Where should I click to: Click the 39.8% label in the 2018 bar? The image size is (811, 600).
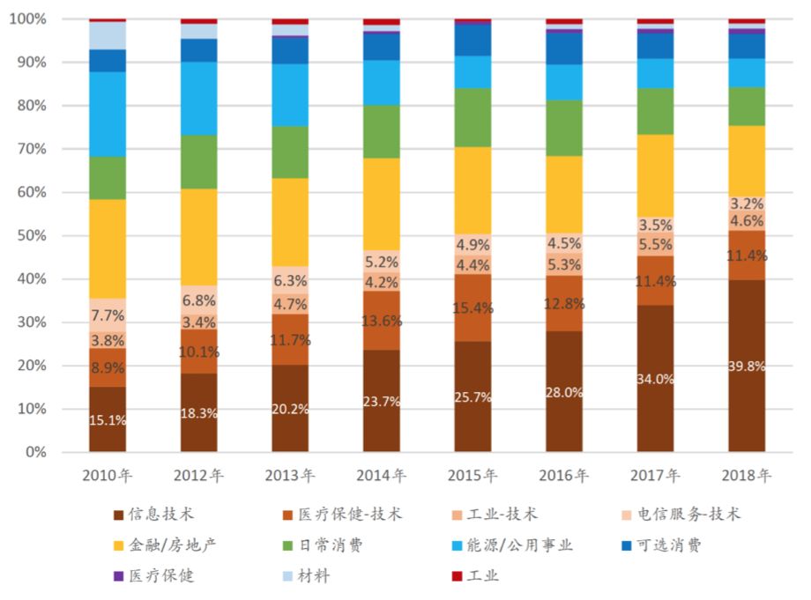[x=746, y=366]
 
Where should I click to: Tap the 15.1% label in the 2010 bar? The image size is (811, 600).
[x=108, y=420]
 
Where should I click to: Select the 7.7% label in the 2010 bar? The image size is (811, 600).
[x=108, y=315]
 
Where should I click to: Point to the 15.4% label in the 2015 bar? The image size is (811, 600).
[x=472, y=308]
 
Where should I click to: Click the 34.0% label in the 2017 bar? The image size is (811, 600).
[x=655, y=379]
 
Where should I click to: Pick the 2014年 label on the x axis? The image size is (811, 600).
[x=381, y=476]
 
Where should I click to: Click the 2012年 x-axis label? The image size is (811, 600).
[x=198, y=476]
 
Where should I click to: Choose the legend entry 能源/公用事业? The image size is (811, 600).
[x=525, y=545]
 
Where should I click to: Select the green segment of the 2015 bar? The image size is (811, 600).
[x=472, y=117]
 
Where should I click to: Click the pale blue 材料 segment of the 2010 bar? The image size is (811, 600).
[x=108, y=35]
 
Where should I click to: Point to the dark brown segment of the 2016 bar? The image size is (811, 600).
[x=563, y=414]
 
